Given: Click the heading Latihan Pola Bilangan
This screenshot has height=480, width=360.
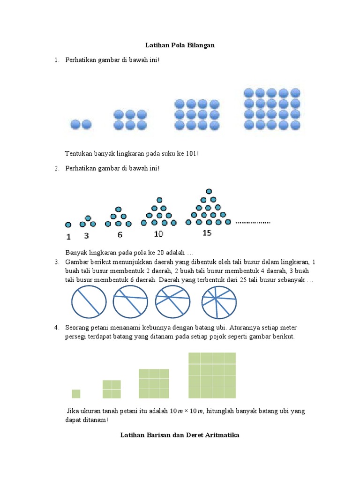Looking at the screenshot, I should pos(180,45).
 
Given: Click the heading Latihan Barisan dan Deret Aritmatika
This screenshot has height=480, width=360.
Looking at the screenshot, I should pos(180,435).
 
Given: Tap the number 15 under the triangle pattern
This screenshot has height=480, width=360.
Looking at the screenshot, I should pos(207,232).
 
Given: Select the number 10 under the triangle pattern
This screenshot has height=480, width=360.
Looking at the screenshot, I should pos(158,233).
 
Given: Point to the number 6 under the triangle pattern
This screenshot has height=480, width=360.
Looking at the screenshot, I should pos(120,234).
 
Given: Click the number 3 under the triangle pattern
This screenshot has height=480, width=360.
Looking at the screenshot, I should pos(86,236).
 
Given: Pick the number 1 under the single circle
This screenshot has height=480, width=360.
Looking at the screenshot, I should pos(68,236).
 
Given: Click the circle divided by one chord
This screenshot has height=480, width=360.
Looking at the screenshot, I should pos(88,302).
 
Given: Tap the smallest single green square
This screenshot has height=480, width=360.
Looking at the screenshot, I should pos(76,394).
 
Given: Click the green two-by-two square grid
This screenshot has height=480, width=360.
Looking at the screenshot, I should pos(112,389).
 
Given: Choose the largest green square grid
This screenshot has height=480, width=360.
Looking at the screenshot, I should pos(212,375).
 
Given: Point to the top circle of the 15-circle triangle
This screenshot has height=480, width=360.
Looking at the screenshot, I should pos(208,191).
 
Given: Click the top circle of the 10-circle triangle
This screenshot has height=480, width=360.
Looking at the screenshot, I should pos(159,200).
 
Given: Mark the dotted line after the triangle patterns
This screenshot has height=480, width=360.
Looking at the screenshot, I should pos(253,222).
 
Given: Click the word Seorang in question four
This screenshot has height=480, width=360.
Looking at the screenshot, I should pos(77,328).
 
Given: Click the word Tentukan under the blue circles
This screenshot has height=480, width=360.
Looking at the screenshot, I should pos(79,154).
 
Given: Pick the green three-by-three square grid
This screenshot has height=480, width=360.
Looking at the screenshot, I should pos(154,384).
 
